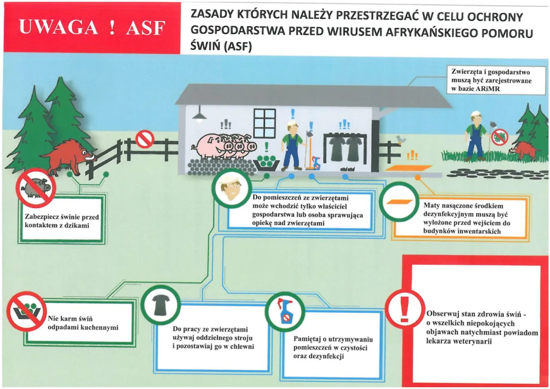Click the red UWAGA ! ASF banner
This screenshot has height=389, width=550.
pyautogui.click(x=92, y=28)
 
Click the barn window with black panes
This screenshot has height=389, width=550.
pyautogui.click(x=264, y=123)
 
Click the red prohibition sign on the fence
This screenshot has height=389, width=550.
pyautogui.click(x=144, y=139)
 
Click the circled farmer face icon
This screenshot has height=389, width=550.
pyautogui.click(x=231, y=190)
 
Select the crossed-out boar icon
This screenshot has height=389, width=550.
pyautogui.click(x=36, y=188)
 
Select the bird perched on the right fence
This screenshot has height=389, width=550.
pyautogui.click(x=401, y=138)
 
